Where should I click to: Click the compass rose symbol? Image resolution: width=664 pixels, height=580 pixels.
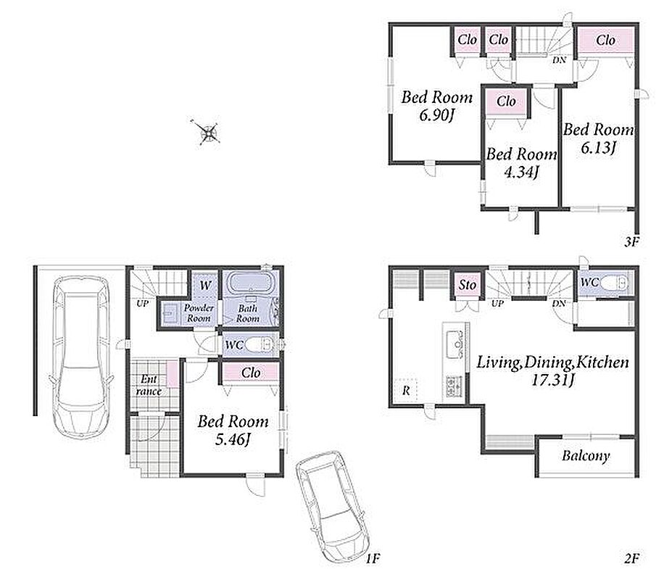coord(209,133)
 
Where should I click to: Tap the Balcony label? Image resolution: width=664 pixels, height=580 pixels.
coord(586,456)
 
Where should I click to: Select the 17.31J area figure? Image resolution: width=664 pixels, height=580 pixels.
coord(552,380)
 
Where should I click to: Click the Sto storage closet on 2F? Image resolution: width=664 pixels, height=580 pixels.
coord(467,284)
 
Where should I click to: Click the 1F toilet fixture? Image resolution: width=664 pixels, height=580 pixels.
coord(260,344)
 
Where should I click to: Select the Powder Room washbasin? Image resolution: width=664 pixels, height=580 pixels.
coord(170,314)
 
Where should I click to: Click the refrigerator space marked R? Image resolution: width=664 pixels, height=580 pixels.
coord(406,390)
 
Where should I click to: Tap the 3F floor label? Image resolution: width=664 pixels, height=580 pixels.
coord(631,242)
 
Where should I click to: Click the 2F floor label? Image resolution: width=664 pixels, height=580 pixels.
coord(631,558)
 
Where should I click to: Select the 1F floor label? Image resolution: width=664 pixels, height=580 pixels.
coord(373,558)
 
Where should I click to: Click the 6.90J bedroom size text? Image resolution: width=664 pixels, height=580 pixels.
coord(436,115)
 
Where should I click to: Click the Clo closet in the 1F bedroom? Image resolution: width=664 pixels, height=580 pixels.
coord(251,373)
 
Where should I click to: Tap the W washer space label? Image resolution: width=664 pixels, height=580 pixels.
coord(205,285)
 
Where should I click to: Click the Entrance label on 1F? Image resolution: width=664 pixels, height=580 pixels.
coord(149,385)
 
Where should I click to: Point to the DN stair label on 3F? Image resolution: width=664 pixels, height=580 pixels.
coord(559,60)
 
